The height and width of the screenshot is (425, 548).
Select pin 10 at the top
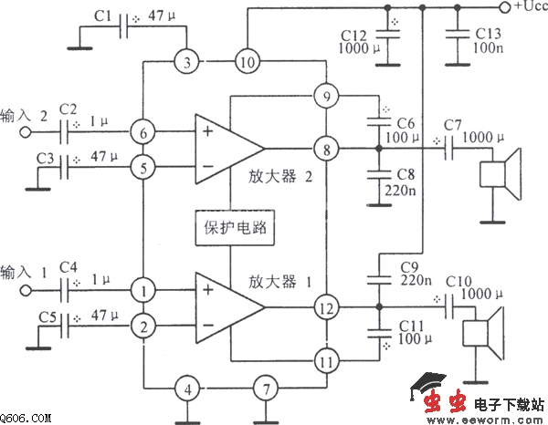(x=247, y=62)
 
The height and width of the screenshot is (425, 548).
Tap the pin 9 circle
(x=324, y=96)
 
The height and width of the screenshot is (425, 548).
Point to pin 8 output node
(x=324, y=148)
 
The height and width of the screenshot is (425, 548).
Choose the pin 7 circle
(x=263, y=389)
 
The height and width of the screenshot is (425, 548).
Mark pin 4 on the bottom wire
(x=187, y=389)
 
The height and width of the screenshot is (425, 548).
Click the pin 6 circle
(x=142, y=131)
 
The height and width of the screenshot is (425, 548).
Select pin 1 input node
(x=142, y=291)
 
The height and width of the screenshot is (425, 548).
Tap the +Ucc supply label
(x=527, y=7)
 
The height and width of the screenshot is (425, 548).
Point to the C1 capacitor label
(x=104, y=16)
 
